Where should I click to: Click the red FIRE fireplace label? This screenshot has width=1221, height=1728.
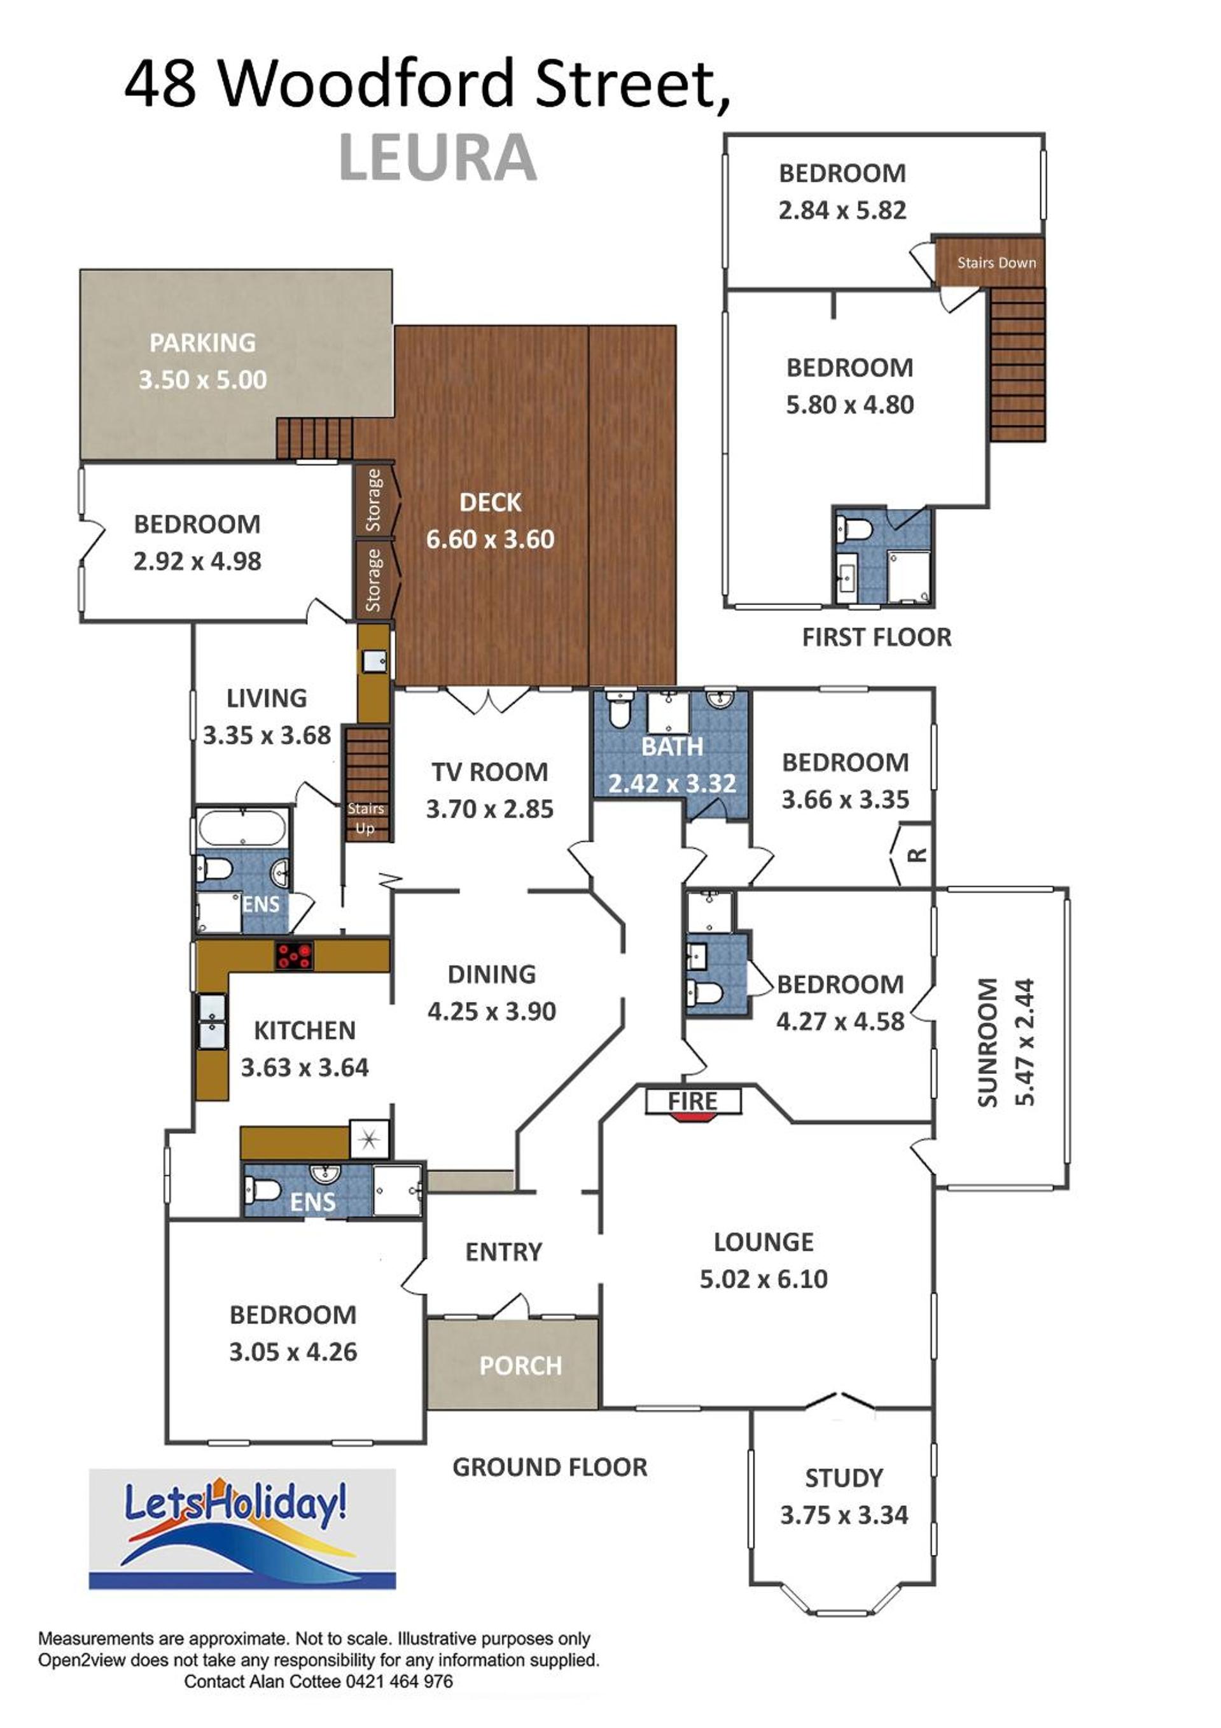692,1101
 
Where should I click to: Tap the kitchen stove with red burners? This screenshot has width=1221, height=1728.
293,955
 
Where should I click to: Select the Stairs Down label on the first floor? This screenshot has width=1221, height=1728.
996,263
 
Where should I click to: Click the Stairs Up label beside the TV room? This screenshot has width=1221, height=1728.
366,818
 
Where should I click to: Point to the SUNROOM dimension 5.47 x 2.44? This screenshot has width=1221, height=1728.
1024,1042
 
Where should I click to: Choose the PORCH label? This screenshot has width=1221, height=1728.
520,1365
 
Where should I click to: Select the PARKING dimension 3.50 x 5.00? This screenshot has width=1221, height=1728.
202,379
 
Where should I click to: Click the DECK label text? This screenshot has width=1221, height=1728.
490,502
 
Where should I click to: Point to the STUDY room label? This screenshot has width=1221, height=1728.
844,1478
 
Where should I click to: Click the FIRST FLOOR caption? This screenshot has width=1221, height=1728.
876,637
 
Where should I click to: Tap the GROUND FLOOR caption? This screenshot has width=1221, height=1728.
550,1467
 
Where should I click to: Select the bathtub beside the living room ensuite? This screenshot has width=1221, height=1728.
242,828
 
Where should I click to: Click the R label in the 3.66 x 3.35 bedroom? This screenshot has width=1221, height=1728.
916,855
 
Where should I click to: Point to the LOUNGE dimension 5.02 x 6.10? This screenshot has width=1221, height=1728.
764,1279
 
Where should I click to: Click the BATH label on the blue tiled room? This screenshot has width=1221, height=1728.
673,746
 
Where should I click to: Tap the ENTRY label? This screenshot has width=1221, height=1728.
503,1251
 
